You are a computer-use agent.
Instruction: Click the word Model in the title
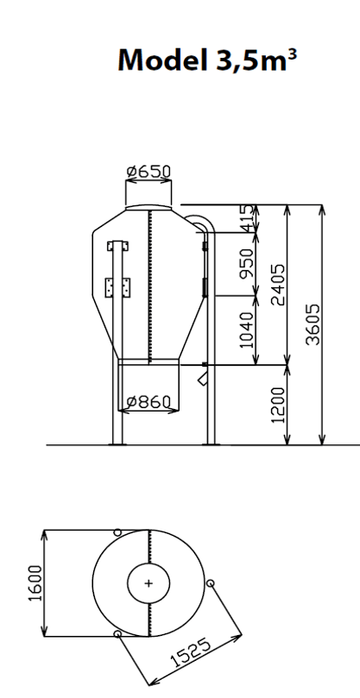click(x=162, y=60)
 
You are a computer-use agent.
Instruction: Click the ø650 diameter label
click(x=148, y=172)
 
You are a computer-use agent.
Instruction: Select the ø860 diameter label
click(x=148, y=402)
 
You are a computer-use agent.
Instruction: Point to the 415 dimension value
click(x=248, y=218)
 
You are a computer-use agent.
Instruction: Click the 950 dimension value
click(x=246, y=264)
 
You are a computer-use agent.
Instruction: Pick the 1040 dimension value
click(x=246, y=330)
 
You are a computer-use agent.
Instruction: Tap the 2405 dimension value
click(x=279, y=285)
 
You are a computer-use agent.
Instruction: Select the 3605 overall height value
click(x=313, y=324)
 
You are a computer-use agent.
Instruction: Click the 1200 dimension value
click(x=278, y=406)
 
